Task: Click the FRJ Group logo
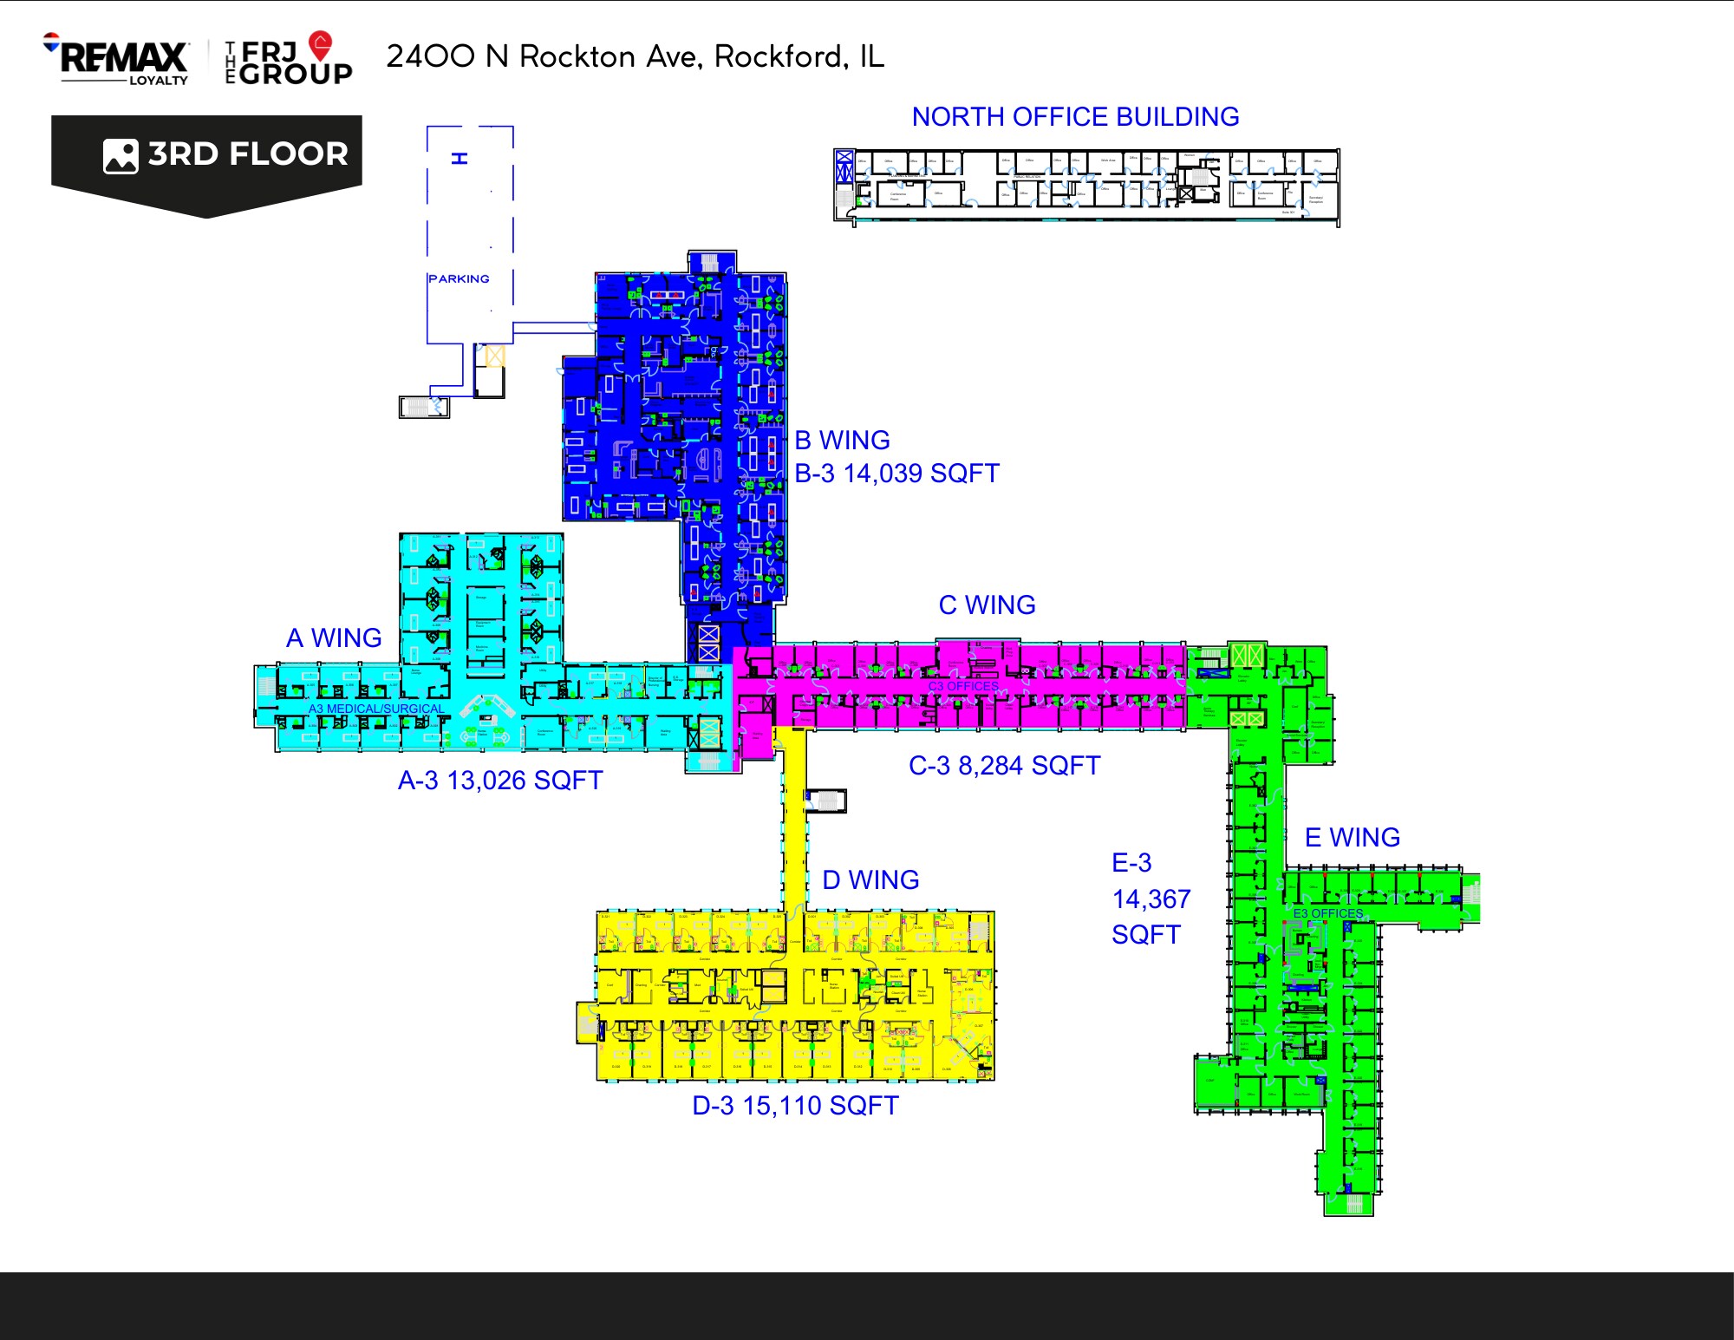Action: click(290, 61)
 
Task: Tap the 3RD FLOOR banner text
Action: click(248, 154)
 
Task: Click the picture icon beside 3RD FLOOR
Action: click(121, 156)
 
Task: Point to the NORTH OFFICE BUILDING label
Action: click(1075, 116)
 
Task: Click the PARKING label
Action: click(459, 278)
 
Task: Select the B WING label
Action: click(842, 440)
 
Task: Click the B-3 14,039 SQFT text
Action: click(896, 474)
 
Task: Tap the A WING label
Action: click(334, 637)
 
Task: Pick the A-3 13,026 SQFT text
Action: click(500, 780)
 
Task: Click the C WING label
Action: click(987, 605)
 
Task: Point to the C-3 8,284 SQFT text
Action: click(1004, 765)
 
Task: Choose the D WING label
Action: click(870, 879)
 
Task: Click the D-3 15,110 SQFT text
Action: click(795, 1105)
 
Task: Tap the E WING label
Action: click(1353, 837)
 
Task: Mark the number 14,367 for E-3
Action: click(1151, 899)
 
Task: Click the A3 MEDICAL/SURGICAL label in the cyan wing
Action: click(376, 709)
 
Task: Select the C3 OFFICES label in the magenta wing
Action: click(963, 686)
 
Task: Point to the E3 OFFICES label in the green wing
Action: click(1327, 913)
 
